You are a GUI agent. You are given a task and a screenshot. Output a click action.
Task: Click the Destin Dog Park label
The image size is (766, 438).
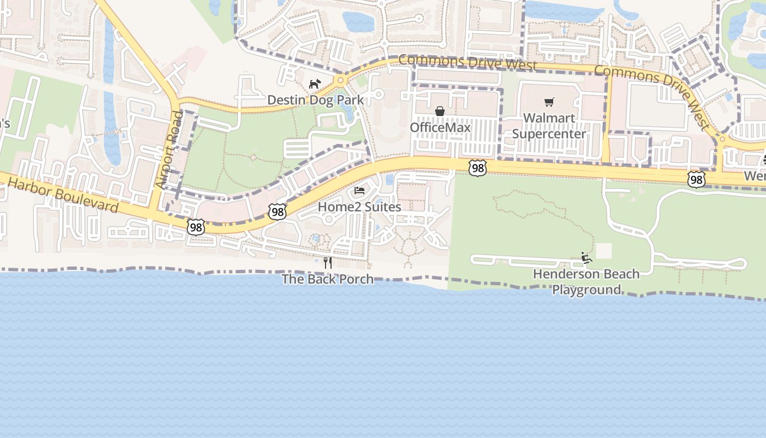pyautogui.click(x=315, y=100)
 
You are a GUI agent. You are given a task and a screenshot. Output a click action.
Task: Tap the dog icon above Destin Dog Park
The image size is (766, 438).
pyautogui.click(x=315, y=84)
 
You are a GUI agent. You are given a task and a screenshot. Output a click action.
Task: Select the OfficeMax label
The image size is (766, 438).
pyautogui.click(x=440, y=128)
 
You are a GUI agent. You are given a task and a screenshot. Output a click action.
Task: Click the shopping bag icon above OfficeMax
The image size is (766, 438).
pyautogui.click(x=440, y=111)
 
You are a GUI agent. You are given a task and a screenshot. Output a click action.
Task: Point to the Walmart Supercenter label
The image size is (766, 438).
pyautogui.click(x=549, y=126)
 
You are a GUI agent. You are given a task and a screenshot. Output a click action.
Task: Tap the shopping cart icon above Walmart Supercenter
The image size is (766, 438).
pyautogui.click(x=549, y=102)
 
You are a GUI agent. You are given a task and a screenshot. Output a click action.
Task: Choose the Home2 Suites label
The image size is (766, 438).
pyautogui.click(x=359, y=207)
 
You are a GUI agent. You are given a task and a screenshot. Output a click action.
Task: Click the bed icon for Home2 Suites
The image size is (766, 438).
pyautogui.click(x=359, y=191)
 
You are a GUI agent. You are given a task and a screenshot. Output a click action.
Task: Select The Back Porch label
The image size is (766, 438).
pyautogui.click(x=327, y=279)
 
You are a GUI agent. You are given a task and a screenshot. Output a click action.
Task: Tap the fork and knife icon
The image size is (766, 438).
pyautogui.click(x=327, y=262)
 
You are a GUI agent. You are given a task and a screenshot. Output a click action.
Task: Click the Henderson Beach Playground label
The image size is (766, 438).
pyautogui.click(x=586, y=281)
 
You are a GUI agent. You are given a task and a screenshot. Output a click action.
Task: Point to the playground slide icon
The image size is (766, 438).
pyautogui.click(x=587, y=257)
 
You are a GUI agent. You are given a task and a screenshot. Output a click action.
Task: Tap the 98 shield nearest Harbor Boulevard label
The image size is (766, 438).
pyautogui.click(x=195, y=227)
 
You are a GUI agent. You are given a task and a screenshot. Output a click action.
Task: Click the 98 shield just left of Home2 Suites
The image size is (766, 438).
pyautogui.click(x=277, y=211)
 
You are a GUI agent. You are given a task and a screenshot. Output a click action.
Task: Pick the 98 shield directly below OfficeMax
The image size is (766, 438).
pyautogui.click(x=478, y=168)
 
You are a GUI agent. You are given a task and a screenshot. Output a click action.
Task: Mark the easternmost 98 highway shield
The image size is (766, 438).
pyautogui.click(x=696, y=178)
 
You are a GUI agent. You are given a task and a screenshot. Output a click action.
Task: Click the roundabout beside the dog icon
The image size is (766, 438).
pyautogui.click(x=341, y=81)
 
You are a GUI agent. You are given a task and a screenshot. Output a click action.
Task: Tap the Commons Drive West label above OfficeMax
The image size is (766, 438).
pyautogui.click(x=467, y=62)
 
